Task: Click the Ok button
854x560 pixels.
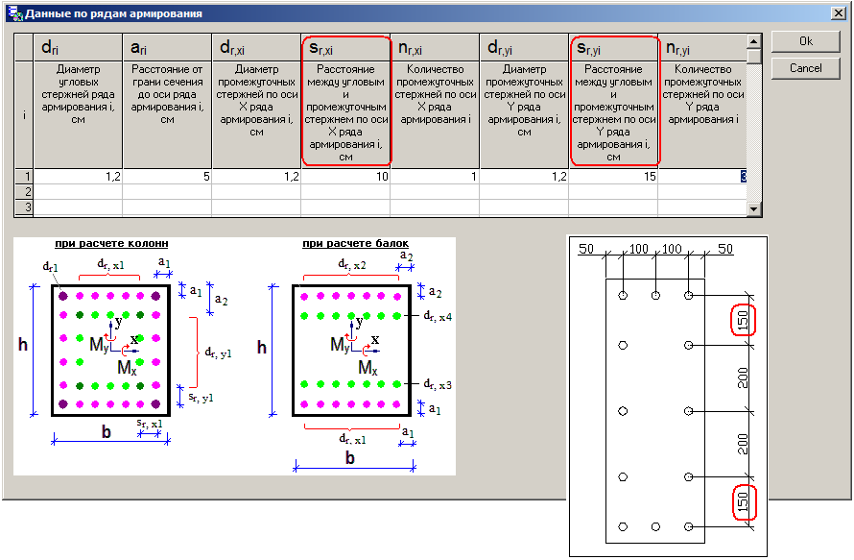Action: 805,41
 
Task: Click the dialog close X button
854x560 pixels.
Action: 839,13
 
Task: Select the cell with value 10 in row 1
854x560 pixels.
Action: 345,177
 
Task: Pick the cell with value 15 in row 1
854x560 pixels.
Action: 613,177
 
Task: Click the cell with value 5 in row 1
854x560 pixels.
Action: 167,177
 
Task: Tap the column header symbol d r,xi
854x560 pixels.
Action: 232,48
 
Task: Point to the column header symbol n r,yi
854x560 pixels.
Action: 677,49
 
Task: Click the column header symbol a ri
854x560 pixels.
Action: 138,48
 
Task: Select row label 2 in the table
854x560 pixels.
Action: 24,192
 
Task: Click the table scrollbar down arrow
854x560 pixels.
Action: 754,208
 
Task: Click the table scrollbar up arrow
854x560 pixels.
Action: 754,41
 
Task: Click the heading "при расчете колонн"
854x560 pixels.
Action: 111,244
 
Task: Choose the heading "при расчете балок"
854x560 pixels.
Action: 356,244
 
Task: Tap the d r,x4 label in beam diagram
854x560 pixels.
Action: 438,316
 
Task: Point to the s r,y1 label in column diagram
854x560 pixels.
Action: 201,398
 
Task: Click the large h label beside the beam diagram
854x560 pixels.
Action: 262,347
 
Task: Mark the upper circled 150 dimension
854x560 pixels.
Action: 743,319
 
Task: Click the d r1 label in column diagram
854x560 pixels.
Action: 50,267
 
